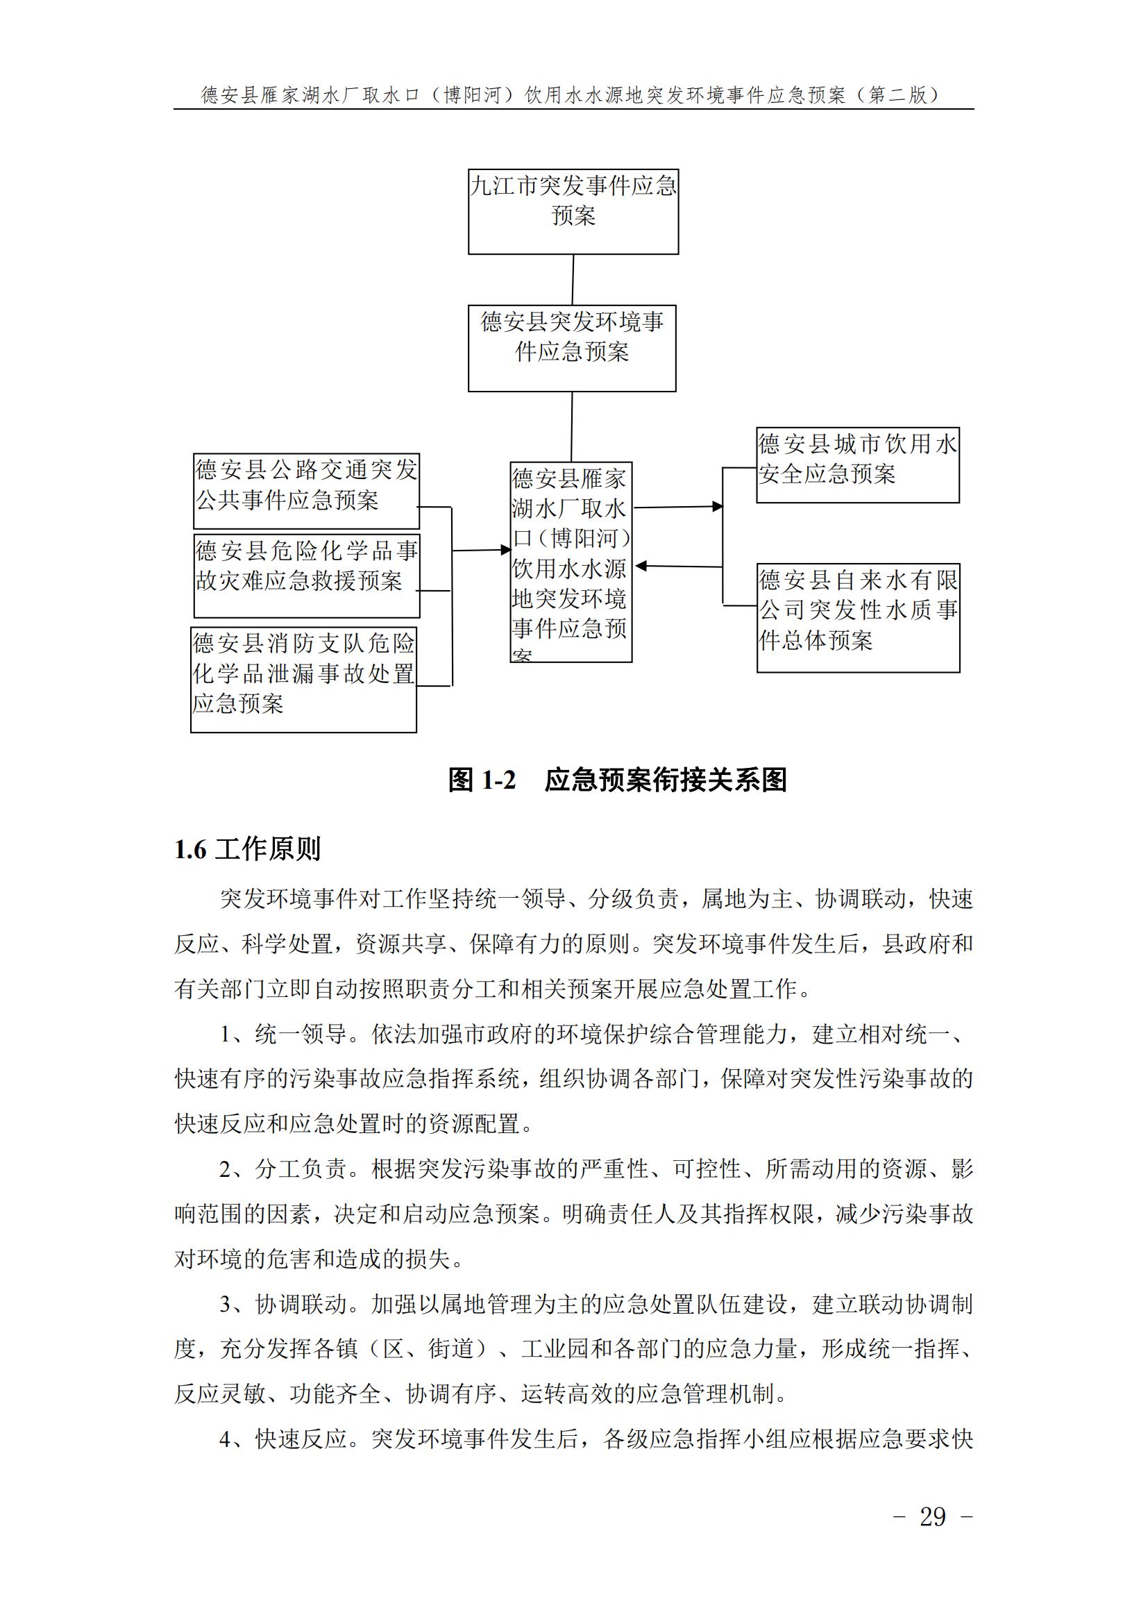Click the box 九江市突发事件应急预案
pyautogui.click(x=573, y=211)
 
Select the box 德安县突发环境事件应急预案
pyautogui.click(x=572, y=348)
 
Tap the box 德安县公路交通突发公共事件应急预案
pyautogui.click(x=306, y=491)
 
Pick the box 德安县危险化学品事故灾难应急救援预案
pyautogui.click(x=306, y=575)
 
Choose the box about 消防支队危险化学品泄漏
pyautogui.click(x=303, y=679)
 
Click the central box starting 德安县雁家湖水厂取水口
pyautogui.click(x=571, y=562)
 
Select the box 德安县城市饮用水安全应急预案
pyautogui.click(x=857, y=464)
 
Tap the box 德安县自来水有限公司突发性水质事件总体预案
pyautogui.click(x=858, y=617)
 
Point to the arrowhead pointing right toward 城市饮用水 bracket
pyautogui.click(x=717, y=506)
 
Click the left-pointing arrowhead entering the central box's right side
pyautogui.click(x=641, y=566)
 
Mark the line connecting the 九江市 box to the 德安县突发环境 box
pyautogui.click(x=573, y=279)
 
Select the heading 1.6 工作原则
pyautogui.click(x=247, y=848)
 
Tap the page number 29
pyautogui.click(x=932, y=1516)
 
